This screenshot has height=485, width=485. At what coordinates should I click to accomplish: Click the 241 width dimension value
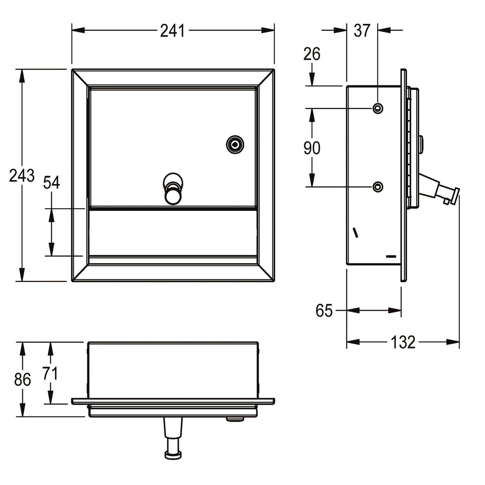click(173, 31)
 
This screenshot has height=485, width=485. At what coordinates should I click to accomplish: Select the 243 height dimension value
click(21, 175)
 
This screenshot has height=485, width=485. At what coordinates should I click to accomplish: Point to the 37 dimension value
click(362, 31)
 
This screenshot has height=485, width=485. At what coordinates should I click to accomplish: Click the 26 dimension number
click(311, 54)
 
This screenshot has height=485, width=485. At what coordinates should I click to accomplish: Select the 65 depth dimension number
click(324, 310)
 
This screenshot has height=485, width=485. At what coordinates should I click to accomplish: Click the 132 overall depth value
click(403, 342)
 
